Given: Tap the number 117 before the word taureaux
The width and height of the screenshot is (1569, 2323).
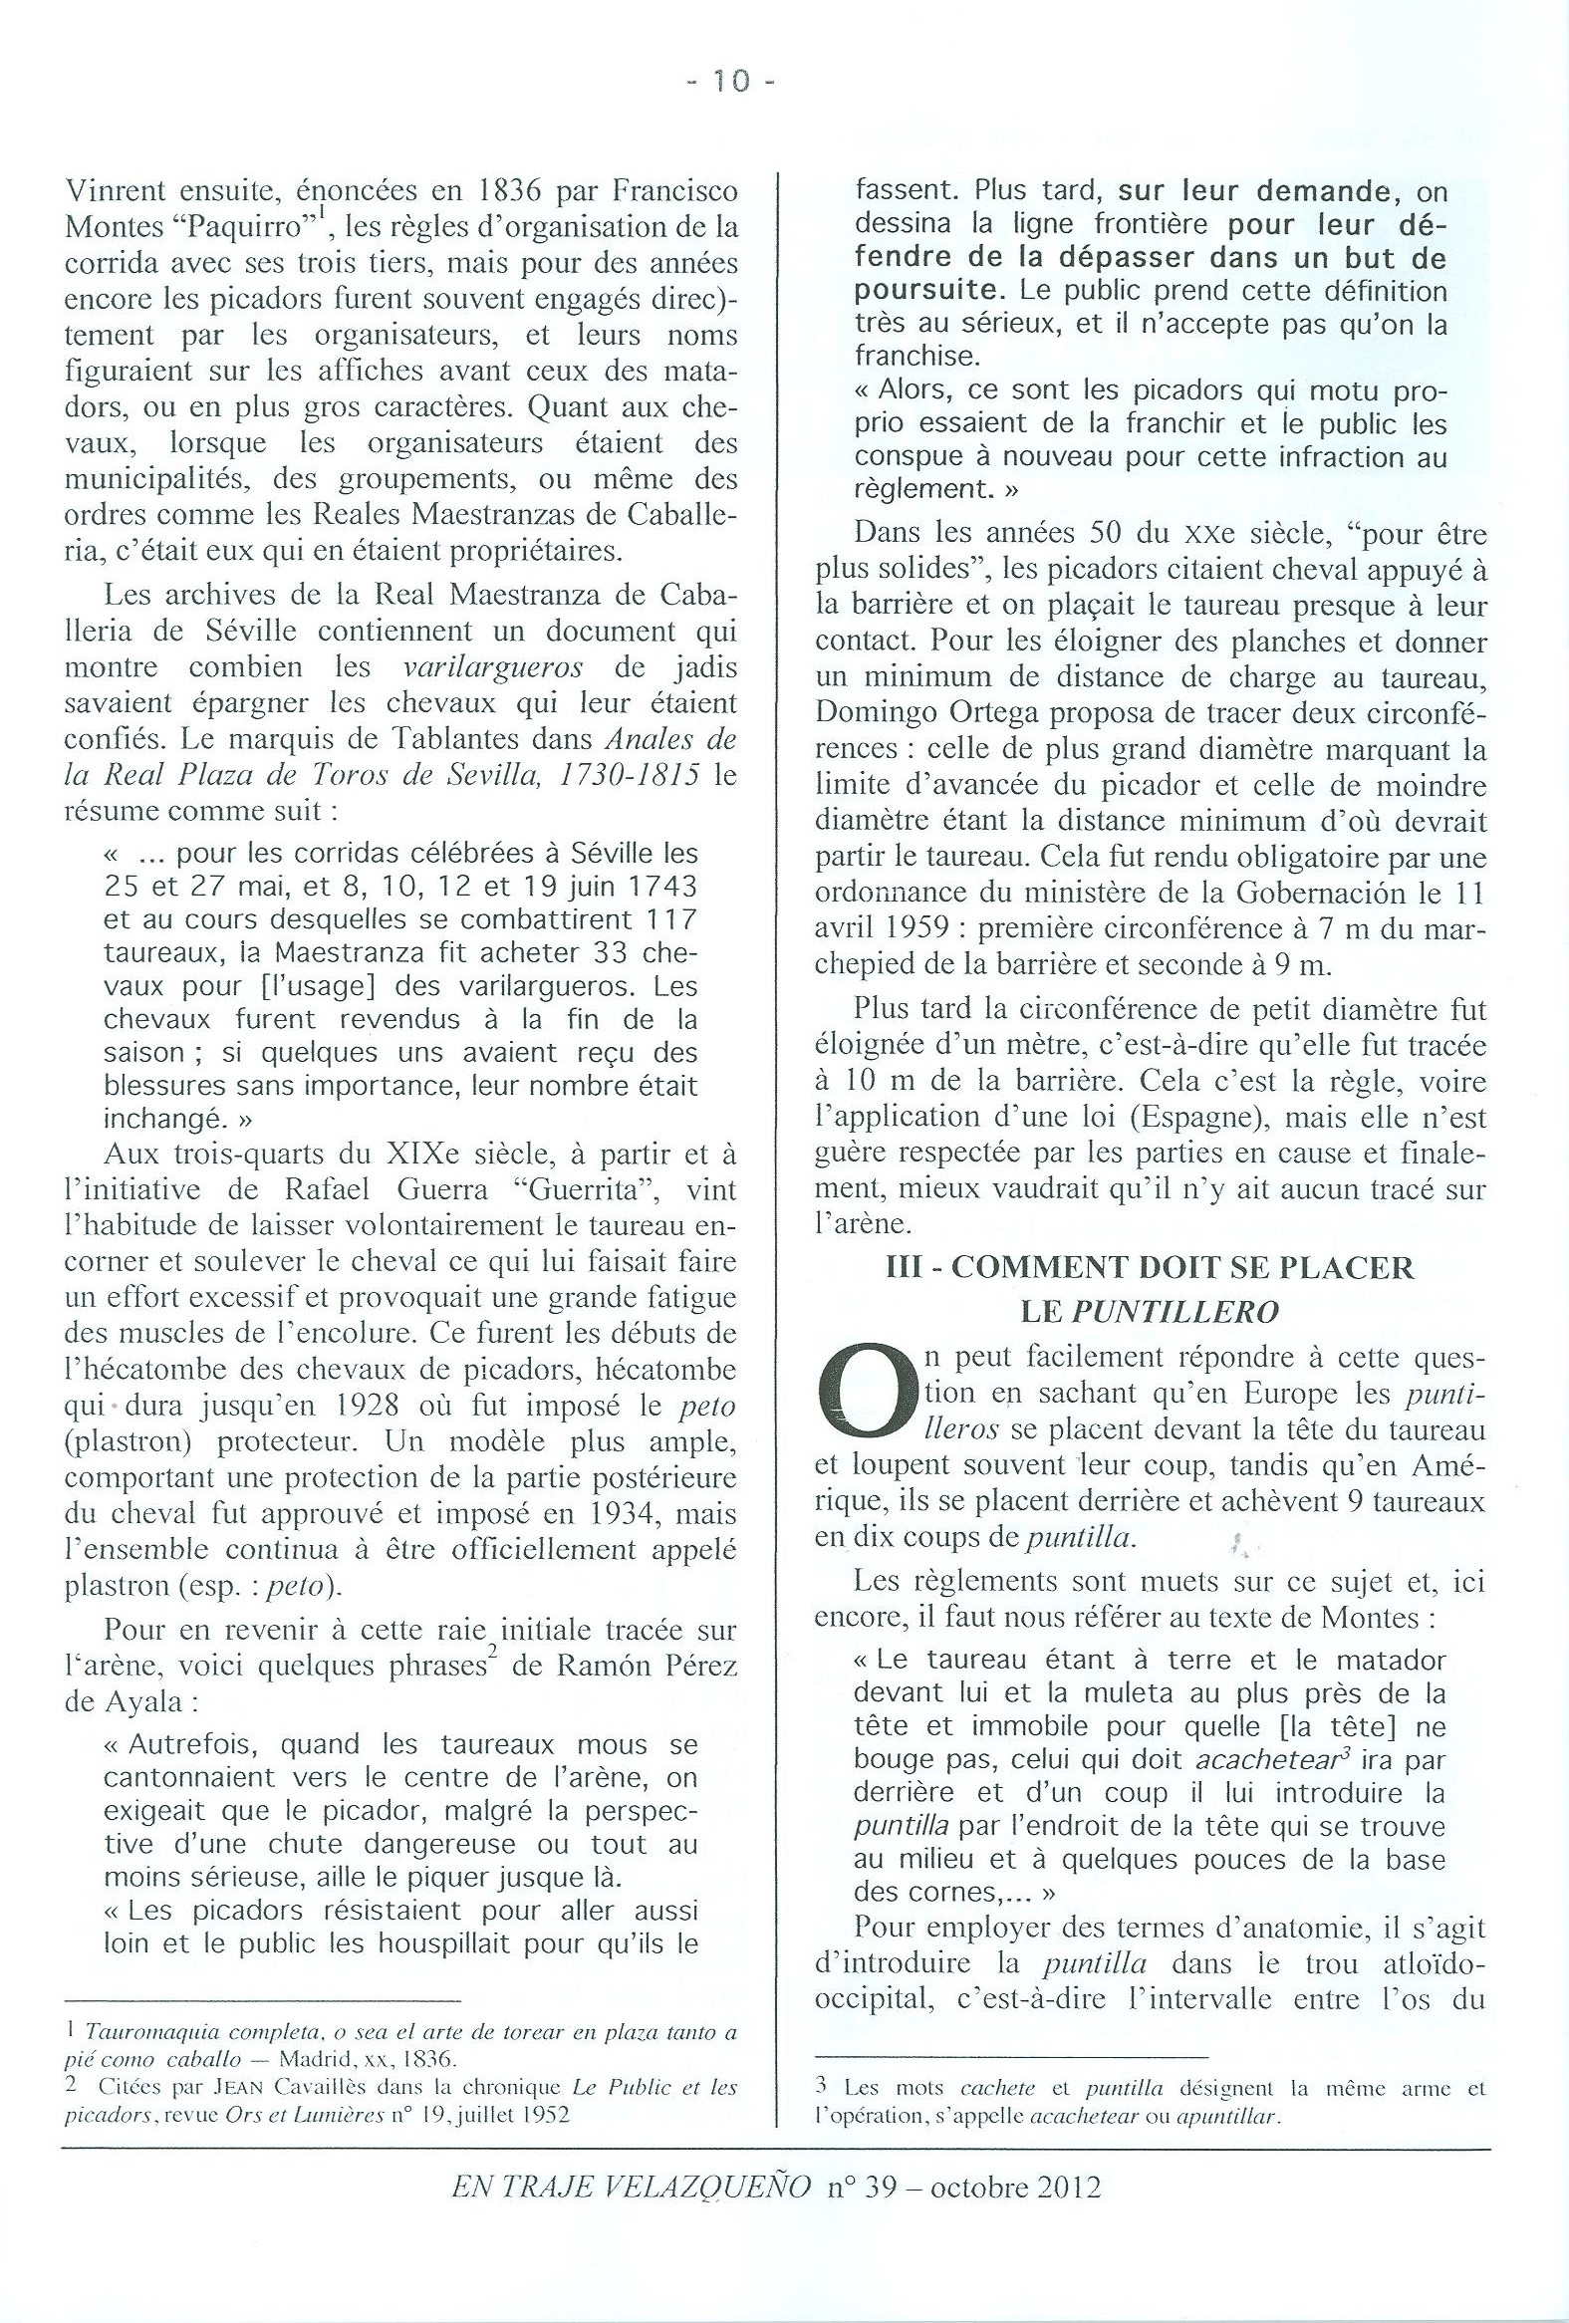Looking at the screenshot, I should [668, 919].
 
